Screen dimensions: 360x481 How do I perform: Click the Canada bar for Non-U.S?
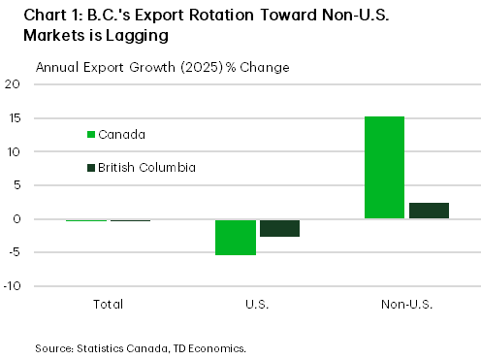384,168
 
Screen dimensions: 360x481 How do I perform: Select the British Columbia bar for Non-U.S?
429,211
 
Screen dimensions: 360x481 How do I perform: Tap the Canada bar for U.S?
236,237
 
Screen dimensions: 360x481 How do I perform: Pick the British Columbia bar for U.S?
280,228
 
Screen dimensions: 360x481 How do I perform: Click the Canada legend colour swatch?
91,134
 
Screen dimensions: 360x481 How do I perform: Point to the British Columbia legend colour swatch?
91,168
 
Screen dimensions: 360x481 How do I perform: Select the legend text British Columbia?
148,168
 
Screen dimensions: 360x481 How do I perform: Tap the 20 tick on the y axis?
14,84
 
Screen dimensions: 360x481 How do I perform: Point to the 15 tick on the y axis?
14,118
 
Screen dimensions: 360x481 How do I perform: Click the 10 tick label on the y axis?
14,152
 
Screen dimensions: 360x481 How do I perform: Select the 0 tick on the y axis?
16,219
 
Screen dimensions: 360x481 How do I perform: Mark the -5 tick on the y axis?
14,253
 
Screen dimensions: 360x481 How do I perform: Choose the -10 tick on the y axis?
12,287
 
